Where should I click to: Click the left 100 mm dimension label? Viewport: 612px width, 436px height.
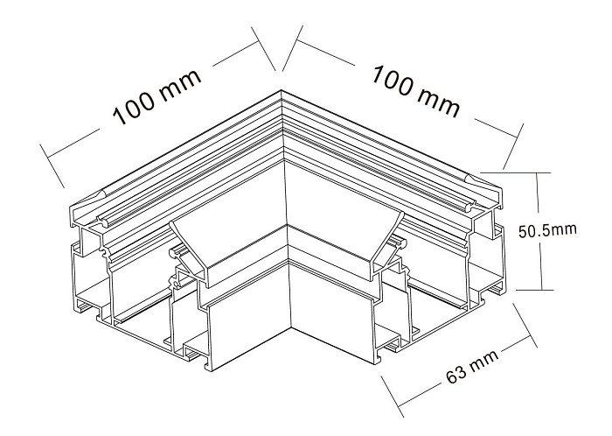(157, 98)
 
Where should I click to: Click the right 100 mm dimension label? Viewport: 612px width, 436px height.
(415, 91)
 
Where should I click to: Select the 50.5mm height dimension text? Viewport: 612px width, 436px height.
(547, 229)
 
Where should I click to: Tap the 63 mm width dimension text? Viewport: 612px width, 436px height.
(472, 366)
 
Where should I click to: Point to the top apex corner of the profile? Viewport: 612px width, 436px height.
(281, 91)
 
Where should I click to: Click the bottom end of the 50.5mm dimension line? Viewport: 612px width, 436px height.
(542, 290)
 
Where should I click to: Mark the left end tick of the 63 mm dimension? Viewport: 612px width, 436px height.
(392, 396)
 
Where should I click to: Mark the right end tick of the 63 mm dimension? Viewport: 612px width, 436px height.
(525, 325)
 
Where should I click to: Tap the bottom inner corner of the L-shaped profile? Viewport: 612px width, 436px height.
(291, 324)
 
